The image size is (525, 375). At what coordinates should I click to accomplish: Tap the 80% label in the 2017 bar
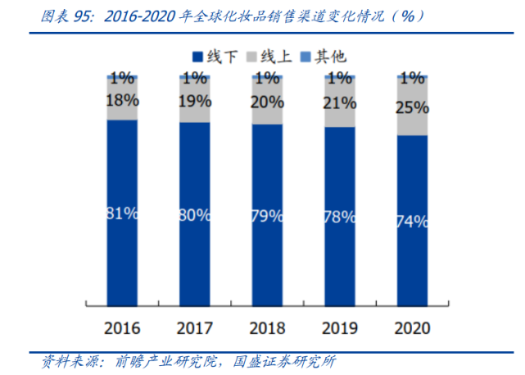click(194, 216)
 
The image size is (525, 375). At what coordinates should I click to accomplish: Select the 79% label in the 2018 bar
click(267, 217)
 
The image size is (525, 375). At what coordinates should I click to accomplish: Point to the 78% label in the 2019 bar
click(340, 217)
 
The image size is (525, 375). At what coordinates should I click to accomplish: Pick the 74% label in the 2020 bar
click(412, 221)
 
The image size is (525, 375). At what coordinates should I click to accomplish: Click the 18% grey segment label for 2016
click(122, 100)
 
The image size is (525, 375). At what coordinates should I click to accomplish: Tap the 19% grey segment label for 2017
click(194, 102)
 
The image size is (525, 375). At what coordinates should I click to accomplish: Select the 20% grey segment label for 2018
click(267, 102)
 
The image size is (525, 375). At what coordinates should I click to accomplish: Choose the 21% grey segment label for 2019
click(340, 103)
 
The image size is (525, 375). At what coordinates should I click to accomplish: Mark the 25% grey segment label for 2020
click(412, 107)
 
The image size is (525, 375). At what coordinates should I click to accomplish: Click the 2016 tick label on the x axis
click(122, 328)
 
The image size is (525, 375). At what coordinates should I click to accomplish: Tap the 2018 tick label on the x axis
click(267, 328)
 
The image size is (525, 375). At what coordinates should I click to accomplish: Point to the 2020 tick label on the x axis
click(412, 328)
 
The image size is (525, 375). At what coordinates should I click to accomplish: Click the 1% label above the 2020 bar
click(412, 79)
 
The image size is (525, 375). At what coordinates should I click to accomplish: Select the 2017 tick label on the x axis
click(194, 328)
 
